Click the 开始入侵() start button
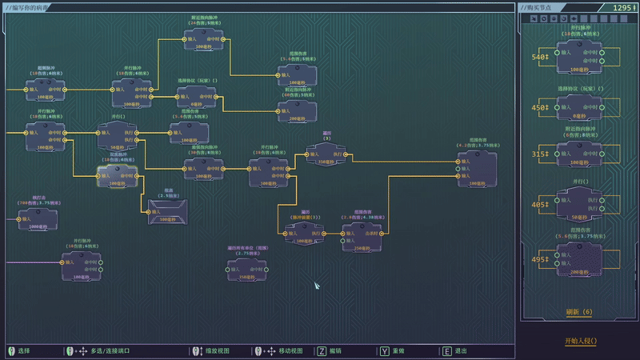[x=580, y=341]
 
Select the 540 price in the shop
[x=540, y=57]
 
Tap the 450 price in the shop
[x=540, y=108]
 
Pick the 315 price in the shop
[x=540, y=154]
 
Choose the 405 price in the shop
[x=540, y=205]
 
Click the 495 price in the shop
[x=540, y=259]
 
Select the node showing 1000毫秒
[x=38, y=219]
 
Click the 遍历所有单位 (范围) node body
[x=247, y=270]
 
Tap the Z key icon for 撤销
[x=322, y=351]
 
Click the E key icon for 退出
[x=446, y=351]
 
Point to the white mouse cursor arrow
[x=317, y=286]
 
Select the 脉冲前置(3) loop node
[x=305, y=234]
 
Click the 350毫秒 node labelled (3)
[x=326, y=154]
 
